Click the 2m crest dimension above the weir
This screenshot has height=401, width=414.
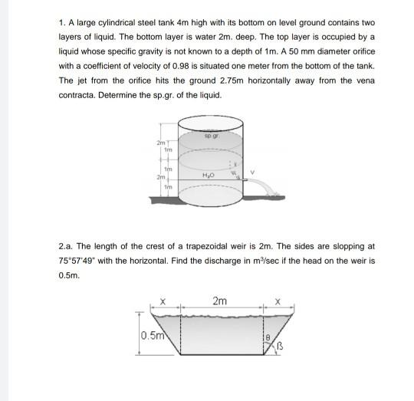tap(220, 301)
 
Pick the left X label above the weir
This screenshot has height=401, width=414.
tap(162, 301)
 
